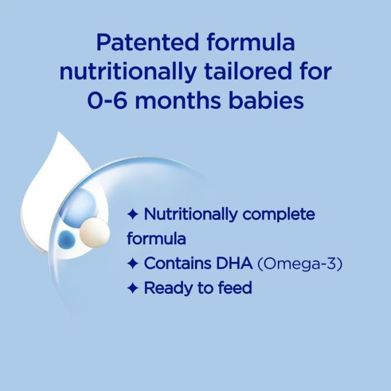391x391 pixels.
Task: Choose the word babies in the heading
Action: click(268, 101)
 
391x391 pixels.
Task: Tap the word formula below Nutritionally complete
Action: click(156, 239)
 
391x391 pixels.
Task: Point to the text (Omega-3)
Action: click(299, 263)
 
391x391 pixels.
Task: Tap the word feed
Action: click(234, 288)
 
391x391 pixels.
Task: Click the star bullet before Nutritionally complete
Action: click(132, 214)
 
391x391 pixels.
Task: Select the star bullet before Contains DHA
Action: click(132, 264)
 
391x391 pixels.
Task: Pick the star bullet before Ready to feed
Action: click(132, 288)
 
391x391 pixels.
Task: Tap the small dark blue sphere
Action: click(66, 239)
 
